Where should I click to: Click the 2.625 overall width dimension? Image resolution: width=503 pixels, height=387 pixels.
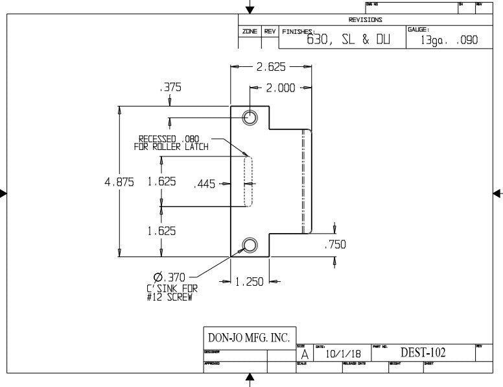[272, 66]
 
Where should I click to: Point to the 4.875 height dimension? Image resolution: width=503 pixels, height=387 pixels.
[119, 182]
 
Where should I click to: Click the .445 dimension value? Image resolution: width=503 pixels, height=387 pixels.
[205, 184]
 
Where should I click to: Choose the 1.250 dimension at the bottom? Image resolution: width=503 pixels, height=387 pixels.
[250, 281]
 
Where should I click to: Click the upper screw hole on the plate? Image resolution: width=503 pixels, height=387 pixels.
[250, 118]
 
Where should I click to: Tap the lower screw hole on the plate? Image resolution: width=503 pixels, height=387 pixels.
[250, 245]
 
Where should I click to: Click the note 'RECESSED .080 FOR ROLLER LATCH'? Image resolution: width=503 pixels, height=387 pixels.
[171, 142]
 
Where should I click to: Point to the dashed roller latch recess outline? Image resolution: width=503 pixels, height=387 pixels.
[248, 181]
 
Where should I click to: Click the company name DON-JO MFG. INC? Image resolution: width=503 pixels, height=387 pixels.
[248, 338]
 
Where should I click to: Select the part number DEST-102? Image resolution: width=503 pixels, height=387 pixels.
[424, 353]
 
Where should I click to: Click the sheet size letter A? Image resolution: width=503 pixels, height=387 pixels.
[305, 355]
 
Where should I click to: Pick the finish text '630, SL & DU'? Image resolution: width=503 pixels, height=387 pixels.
[348, 40]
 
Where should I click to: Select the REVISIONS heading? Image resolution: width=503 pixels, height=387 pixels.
[366, 20]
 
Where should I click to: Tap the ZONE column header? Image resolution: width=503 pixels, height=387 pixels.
[250, 31]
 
